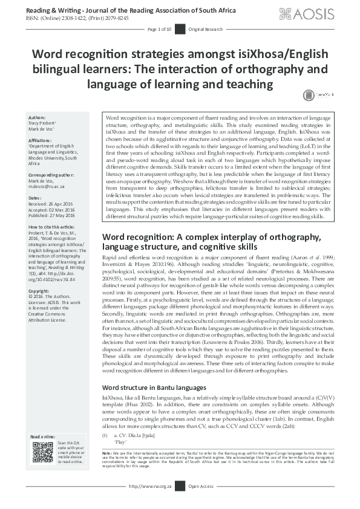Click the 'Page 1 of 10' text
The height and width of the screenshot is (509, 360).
160,29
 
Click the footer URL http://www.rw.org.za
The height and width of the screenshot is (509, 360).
151,502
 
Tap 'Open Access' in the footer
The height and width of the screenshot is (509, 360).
200,502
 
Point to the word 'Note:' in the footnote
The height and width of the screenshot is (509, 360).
107,470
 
